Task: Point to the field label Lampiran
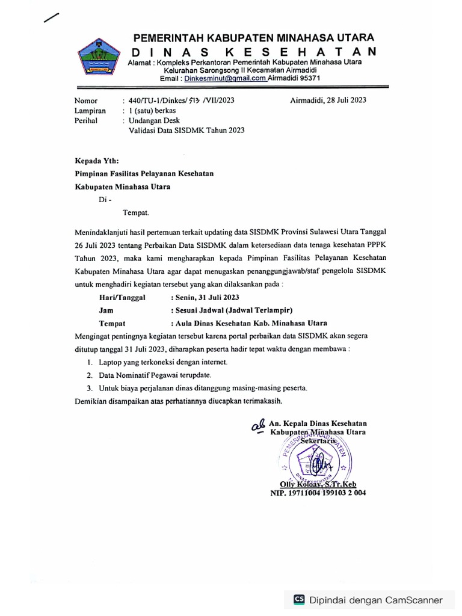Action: click(90, 111)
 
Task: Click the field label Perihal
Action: click(87, 120)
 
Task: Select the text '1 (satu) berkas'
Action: click(147, 111)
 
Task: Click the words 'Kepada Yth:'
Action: click(97, 160)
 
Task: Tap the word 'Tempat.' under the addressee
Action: click(135, 212)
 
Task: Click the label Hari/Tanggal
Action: click(122, 297)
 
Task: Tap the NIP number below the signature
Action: click(317, 493)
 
